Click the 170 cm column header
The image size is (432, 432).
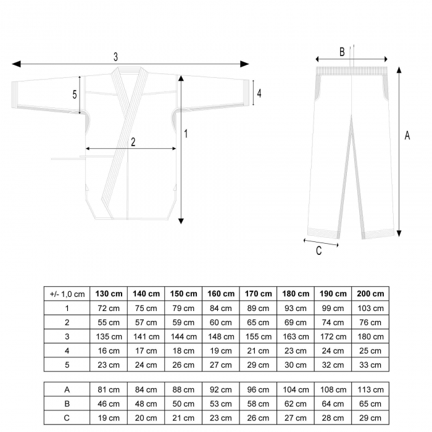(x=258, y=294)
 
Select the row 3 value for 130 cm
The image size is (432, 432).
(x=109, y=337)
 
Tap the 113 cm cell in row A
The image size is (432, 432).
(x=370, y=390)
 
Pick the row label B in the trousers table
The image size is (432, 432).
(x=67, y=404)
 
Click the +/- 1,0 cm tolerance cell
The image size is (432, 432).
(x=67, y=294)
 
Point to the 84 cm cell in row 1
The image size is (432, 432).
(x=221, y=309)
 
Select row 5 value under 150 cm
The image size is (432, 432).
(x=183, y=365)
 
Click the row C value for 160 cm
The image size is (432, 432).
(x=221, y=418)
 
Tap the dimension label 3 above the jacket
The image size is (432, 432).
(x=116, y=57)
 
